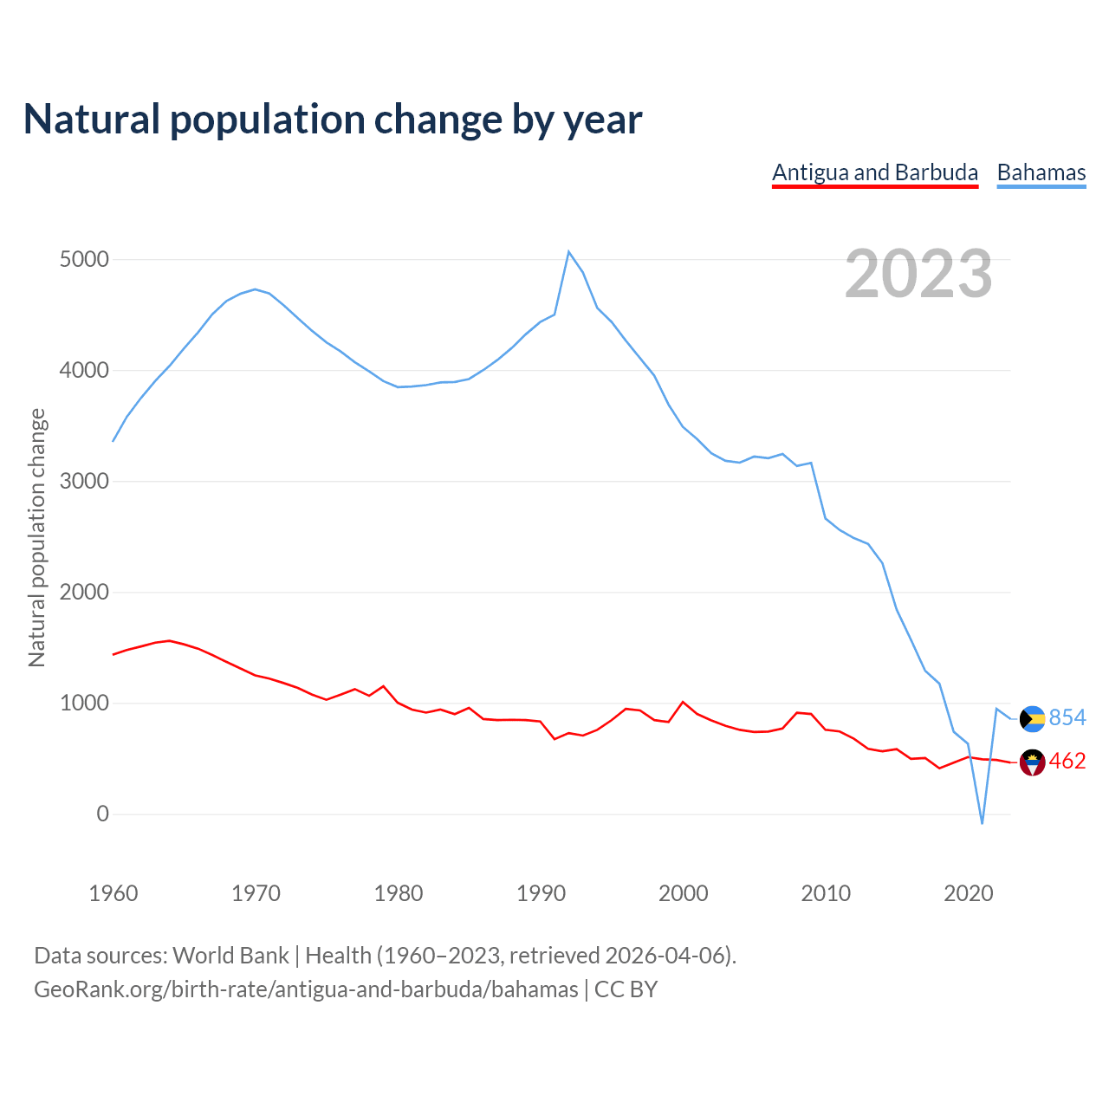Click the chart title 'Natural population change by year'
tap(333, 119)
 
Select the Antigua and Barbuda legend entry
tap(875, 172)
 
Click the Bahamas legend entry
tap(1041, 172)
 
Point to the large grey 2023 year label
tap(918, 273)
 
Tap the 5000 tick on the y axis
tap(85, 260)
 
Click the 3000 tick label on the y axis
tap(85, 482)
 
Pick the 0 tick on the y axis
tap(103, 814)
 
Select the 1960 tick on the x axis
tap(113, 893)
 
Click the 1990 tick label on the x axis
tap(541, 893)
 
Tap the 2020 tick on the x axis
tap(968, 893)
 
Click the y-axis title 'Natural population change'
tap(37, 537)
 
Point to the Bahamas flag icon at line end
tap(1033, 718)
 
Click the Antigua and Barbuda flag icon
tap(1033, 762)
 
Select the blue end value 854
tap(1067, 717)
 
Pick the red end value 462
tap(1067, 762)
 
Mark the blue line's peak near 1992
tap(569, 252)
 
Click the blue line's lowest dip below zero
tap(982, 823)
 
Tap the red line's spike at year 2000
tap(683, 702)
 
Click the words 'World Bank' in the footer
tap(230, 956)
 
